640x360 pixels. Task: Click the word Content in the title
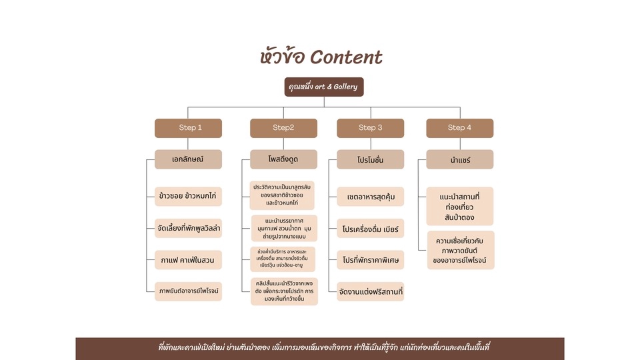(347, 57)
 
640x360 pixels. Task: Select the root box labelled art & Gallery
(324, 87)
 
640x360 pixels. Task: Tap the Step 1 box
(190, 128)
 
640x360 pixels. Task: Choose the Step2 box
(283, 128)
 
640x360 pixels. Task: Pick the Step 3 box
(370, 128)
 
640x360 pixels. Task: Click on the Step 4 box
(459, 128)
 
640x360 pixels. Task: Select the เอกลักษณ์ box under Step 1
(187, 159)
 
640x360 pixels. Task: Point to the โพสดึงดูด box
(283, 159)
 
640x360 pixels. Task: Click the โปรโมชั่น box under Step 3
(370, 159)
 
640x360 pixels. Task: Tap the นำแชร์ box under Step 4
(459, 159)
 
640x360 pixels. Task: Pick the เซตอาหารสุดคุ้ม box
(370, 197)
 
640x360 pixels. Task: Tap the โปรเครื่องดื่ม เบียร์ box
(370, 229)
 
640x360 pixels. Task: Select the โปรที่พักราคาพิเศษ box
(370, 260)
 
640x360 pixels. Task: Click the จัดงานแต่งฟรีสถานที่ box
(370, 291)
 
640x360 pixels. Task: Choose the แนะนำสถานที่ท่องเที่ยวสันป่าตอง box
(459, 206)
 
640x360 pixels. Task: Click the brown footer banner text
(324, 347)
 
